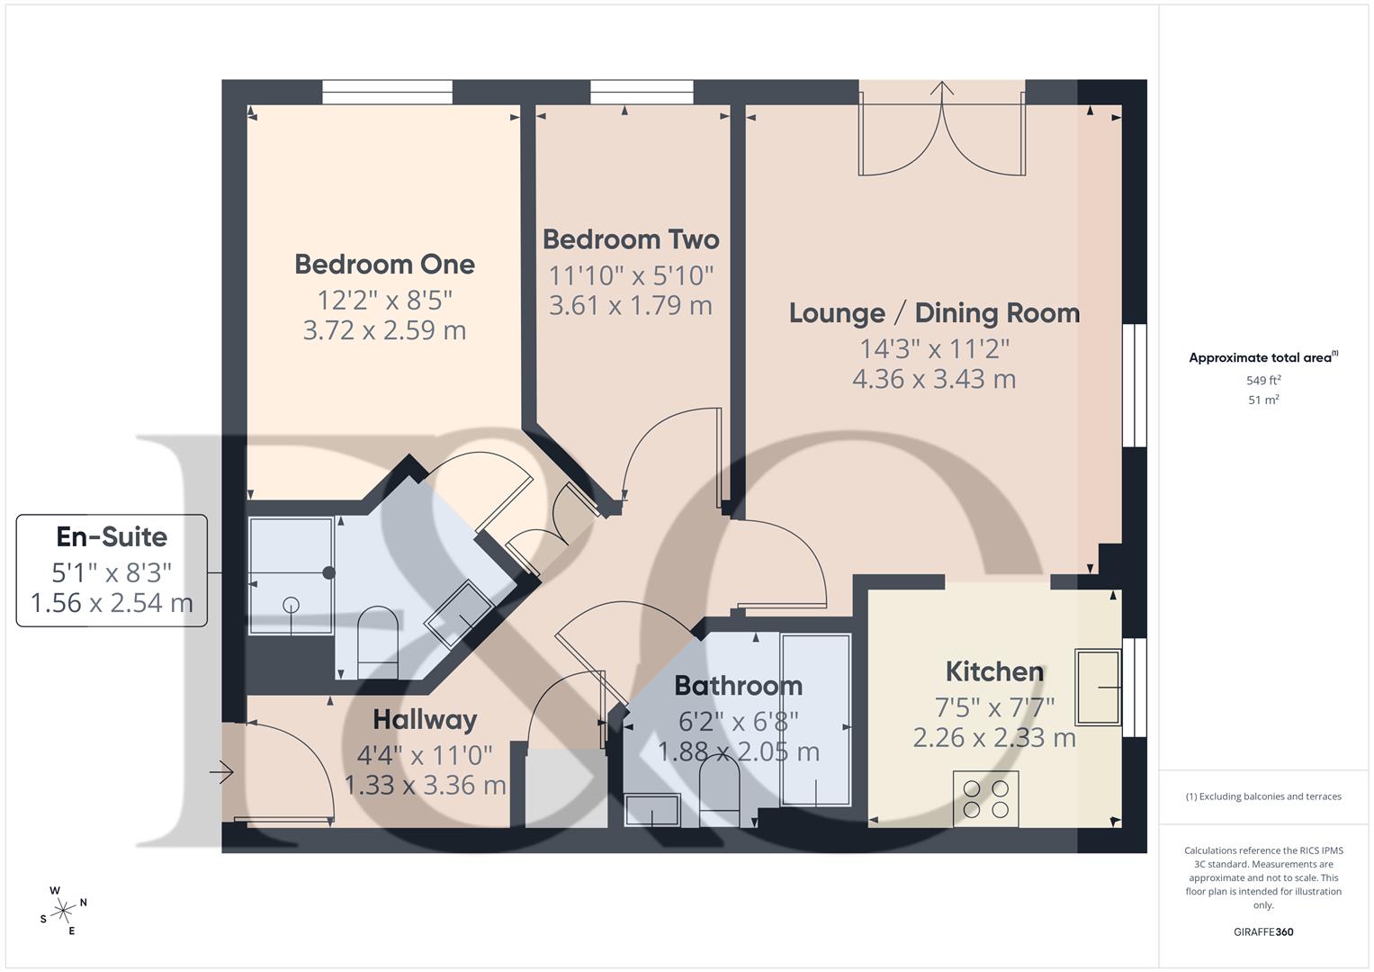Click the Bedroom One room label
click(384, 265)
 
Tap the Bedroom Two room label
click(631, 239)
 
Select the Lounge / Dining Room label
click(934, 313)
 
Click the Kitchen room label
click(994, 671)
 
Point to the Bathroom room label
click(738, 686)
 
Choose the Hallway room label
click(425, 720)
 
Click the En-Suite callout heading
click(112, 537)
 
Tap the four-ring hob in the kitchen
click(985, 798)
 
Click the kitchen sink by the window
click(1099, 688)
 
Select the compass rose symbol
click(62, 911)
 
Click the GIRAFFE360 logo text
click(1263, 931)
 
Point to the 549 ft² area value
click(1263, 381)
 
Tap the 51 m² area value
click(1263, 400)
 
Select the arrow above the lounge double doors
click(942, 90)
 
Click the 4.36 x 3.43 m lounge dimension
click(934, 379)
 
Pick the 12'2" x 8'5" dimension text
click(384, 299)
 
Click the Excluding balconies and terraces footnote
click(1263, 796)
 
